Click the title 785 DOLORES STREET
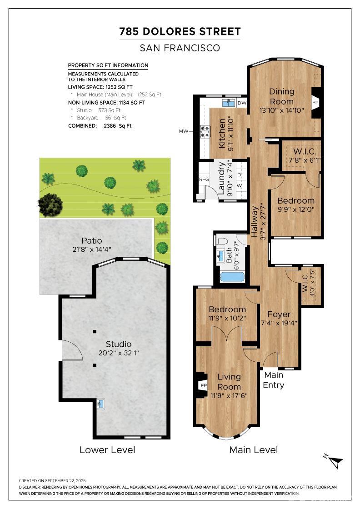[x=180, y=31]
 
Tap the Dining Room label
[x=281, y=96]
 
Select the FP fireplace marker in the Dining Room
[x=315, y=103]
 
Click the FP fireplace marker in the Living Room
[x=203, y=386]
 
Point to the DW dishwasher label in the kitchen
[x=242, y=103]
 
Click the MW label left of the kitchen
[x=184, y=131]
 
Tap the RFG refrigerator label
[x=204, y=179]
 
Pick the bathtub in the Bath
[x=231, y=276]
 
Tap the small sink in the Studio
[x=100, y=403]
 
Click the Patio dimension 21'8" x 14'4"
[x=92, y=250]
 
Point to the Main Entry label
[x=274, y=380]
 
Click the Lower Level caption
[x=107, y=450]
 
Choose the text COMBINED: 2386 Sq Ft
[x=100, y=126]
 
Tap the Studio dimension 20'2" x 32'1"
[x=119, y=353]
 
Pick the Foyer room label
[x=279, y=314]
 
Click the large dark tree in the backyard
[x=50, y=205]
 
